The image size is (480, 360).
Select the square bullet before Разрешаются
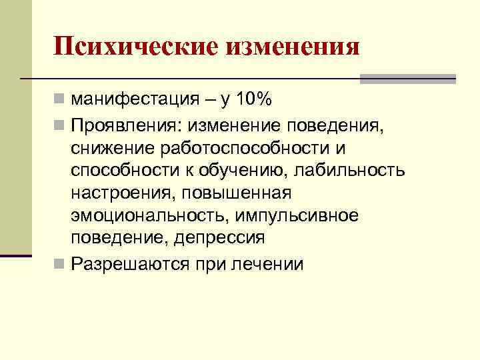pyautogui.click(x=59, y=263)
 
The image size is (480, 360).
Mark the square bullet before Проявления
pyautogui.click(x=59, y=124)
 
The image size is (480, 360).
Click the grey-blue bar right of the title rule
pyautogui.click(x=407, y=79)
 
